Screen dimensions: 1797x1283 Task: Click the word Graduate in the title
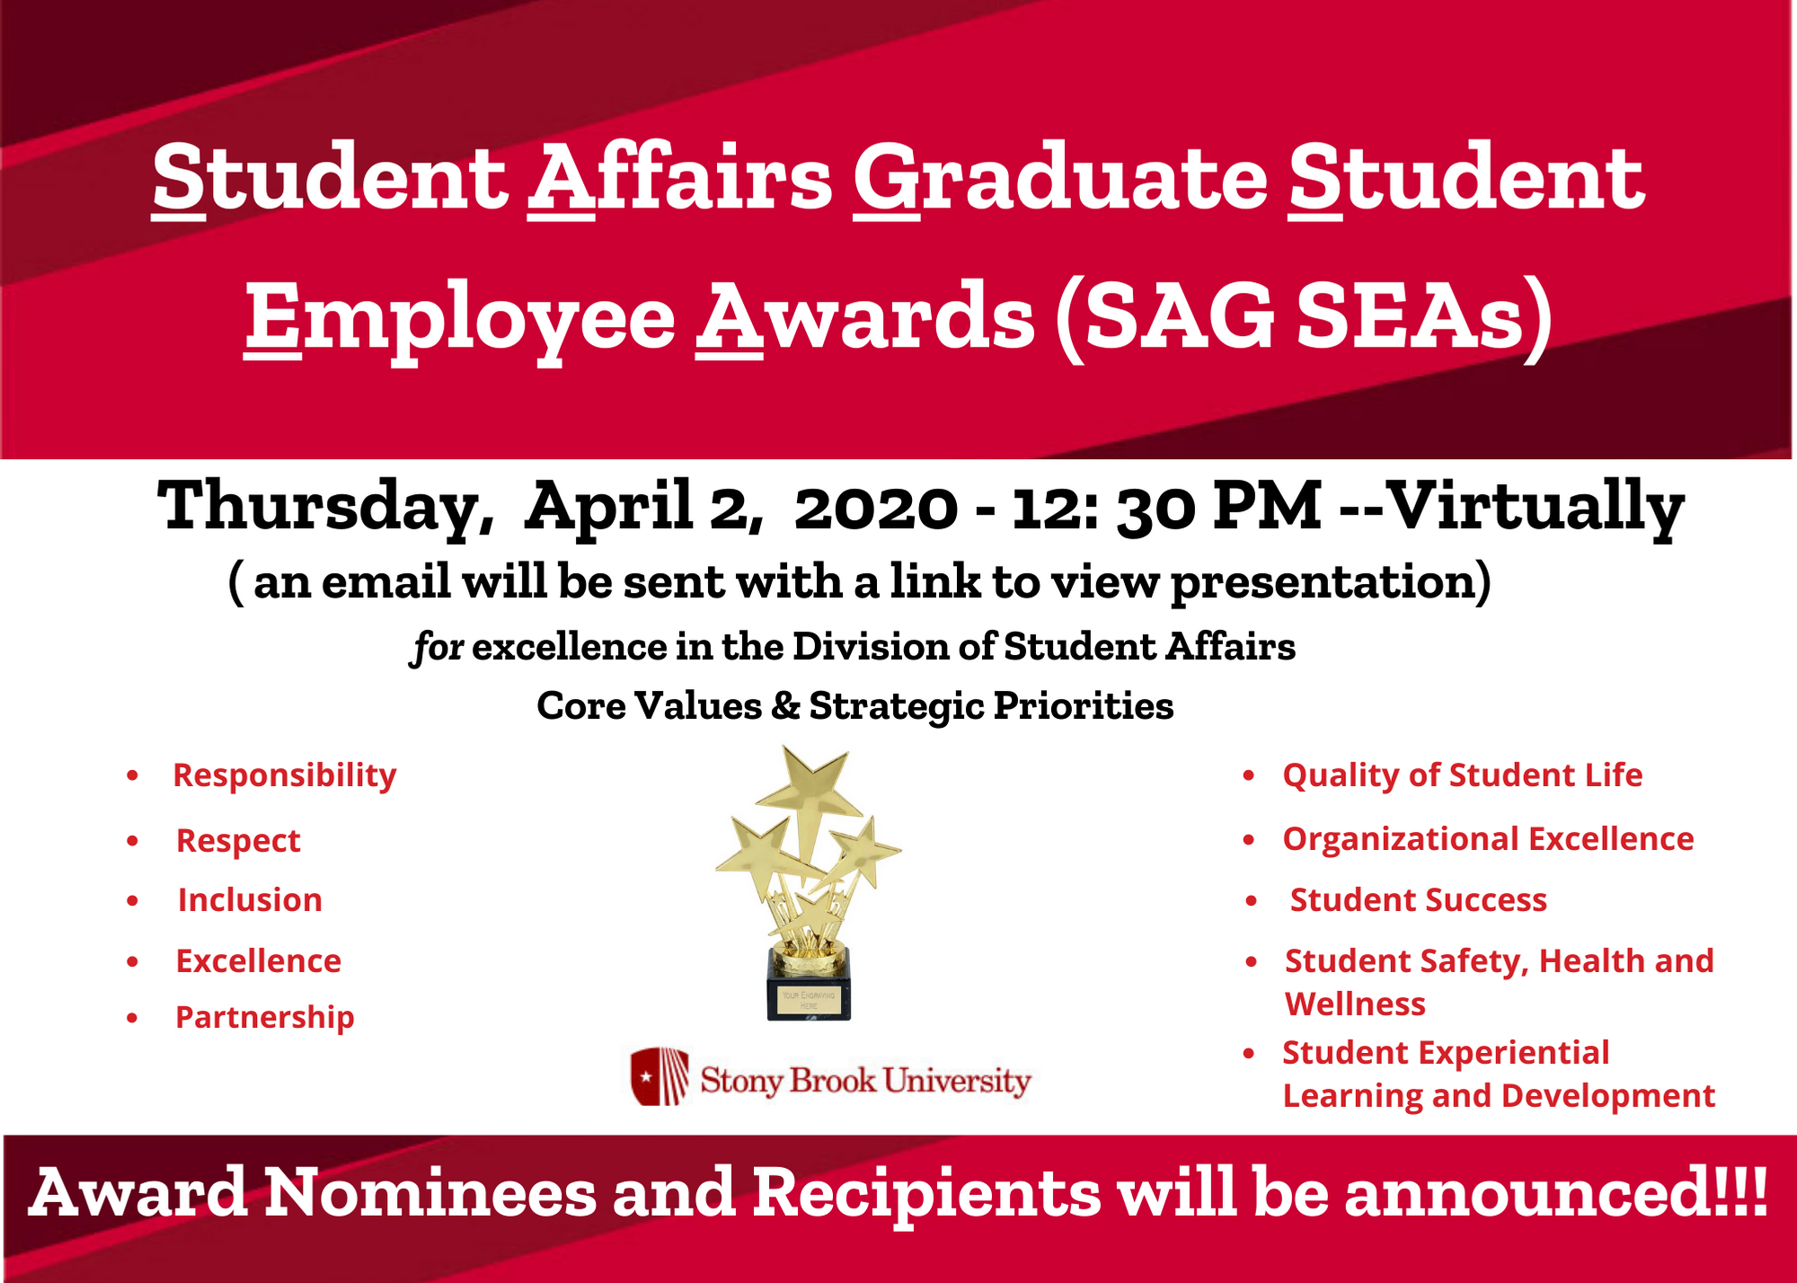(1060, 181)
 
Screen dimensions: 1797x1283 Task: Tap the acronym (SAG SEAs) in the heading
(1304, 318)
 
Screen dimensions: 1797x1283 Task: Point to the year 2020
(875, 509)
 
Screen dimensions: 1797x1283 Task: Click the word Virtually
(1536, 509)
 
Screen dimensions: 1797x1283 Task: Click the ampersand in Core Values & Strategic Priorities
(785, 706)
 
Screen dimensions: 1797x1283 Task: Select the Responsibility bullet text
(284, 776)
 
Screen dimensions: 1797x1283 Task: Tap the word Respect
(238, 842)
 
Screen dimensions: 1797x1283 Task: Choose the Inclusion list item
(250, 900)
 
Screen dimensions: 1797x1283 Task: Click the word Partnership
(265, 1018)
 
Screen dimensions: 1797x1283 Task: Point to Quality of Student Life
(1462, 776)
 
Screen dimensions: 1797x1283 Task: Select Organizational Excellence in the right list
(1488, 840)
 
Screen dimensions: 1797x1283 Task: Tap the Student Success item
(1418, 900)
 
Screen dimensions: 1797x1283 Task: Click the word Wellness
(1355, 1004)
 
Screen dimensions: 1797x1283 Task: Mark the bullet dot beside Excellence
(133, 961)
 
